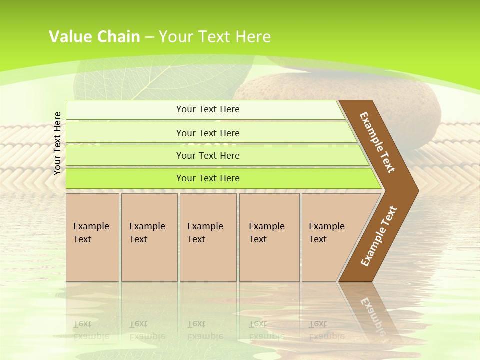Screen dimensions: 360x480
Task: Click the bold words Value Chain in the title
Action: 94,37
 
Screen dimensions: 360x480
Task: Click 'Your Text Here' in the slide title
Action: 215,37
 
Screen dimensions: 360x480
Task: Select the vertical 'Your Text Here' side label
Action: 57,143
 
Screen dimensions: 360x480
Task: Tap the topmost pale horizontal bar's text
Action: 208,109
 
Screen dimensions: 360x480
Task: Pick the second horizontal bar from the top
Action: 208,133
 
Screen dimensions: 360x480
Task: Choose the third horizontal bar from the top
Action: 208,155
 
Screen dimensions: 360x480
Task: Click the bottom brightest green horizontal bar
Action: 208,178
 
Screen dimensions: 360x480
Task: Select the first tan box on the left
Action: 92,237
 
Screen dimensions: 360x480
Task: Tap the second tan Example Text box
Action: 149,237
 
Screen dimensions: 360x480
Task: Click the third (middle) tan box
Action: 207,237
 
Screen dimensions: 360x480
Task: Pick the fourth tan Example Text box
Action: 269,237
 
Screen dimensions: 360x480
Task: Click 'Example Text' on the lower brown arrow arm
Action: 378,237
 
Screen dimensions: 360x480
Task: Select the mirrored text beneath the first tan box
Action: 91,330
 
